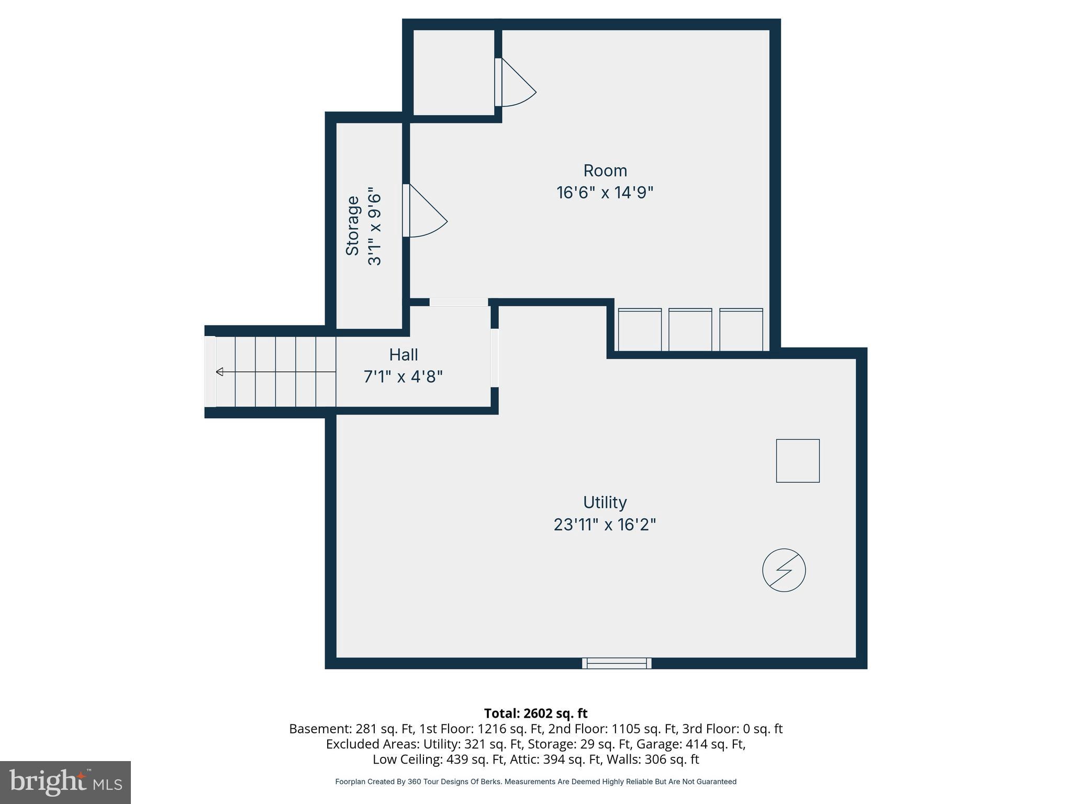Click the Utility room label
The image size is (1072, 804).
pos(605,502)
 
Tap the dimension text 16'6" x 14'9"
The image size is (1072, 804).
pos(605,193)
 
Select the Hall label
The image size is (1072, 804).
pos(403,355)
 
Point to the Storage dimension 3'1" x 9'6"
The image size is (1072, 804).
pos(375,226)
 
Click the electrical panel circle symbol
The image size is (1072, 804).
pos(784,570)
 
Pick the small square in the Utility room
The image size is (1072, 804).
pos(797,461)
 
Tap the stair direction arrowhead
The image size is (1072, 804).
pos(220,372)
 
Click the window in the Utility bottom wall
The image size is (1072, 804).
pos(617,663)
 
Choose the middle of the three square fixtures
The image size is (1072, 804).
pos(690,330)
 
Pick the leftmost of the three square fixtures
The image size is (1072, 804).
pos(640,330)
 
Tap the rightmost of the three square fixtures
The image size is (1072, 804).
pos(741,330)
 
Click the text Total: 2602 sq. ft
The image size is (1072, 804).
pos(535,713)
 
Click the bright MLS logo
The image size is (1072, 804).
pos(65,782)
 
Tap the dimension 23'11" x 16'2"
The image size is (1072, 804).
pos(605,524)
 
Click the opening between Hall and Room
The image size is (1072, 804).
pos(459,303)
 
